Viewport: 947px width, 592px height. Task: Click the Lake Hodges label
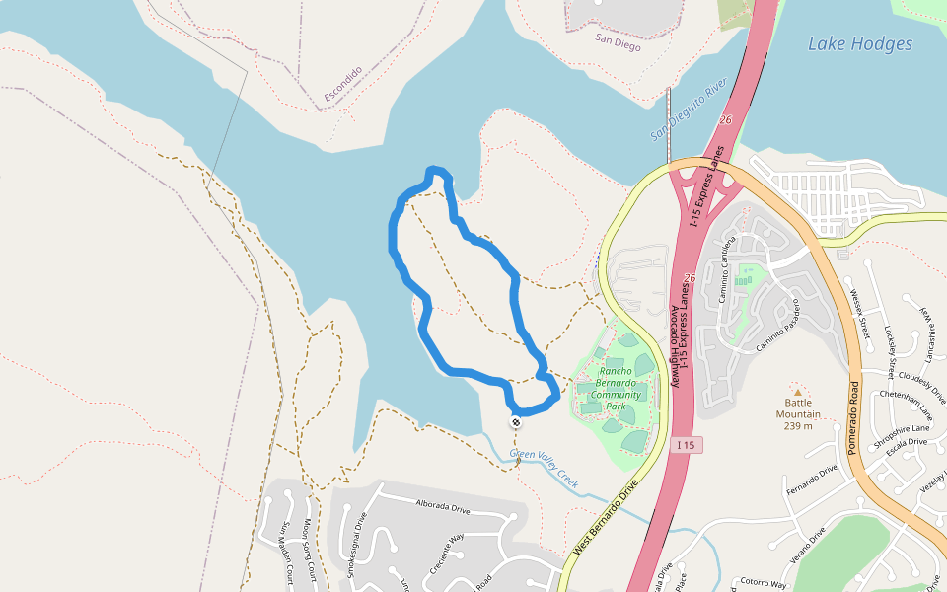pos(860,43)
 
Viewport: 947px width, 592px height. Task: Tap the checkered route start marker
pos(515,422)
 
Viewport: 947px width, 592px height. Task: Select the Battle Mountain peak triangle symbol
pos(798,391)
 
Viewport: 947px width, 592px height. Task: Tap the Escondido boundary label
pos(343,85)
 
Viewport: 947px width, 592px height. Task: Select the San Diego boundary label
pos(619,45)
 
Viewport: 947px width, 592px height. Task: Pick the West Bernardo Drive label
pos(606,517)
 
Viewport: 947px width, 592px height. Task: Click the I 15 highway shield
pos(688,446)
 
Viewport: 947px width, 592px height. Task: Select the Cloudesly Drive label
pos(923,388)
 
